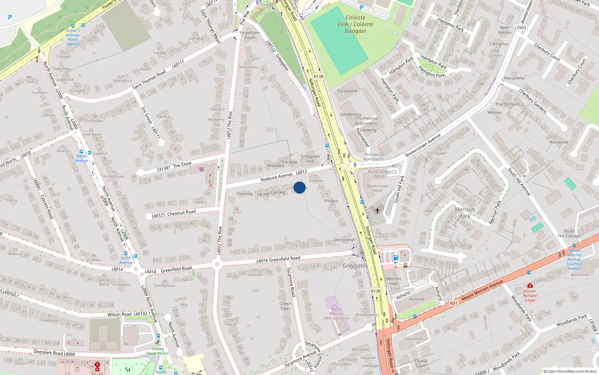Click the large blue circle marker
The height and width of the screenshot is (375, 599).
click(299, 187)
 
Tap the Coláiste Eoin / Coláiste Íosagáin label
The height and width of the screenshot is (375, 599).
click(355, 24)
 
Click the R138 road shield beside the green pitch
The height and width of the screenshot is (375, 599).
click(318, 76)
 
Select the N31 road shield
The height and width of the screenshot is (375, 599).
click(453, 303)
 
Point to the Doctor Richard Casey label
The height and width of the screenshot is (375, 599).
click(530, 295)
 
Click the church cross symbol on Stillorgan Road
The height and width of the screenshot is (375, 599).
click(377, 211)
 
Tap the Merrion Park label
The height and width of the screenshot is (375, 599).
click(465, 213)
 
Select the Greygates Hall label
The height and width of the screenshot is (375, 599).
click(310, 159)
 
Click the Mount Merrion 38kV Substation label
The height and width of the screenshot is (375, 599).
click(336, 314)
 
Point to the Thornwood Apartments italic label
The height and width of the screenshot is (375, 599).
click(366, 121)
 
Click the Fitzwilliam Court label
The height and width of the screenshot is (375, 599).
click(250, 35)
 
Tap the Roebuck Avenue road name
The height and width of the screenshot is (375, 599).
click(276, 177)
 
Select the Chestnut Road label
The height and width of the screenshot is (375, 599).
click(181, 213)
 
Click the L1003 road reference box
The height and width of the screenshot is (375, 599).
click(520, 27)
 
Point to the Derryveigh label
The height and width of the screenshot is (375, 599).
click(345, 240)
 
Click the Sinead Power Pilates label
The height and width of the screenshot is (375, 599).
click(157, 351)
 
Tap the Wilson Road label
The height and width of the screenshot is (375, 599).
click(119, 314)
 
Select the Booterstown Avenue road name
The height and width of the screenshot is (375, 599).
click(423, 146)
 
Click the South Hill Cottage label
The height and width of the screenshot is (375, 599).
click(569, 234)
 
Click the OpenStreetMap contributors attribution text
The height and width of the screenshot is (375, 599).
click(570, 371)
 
